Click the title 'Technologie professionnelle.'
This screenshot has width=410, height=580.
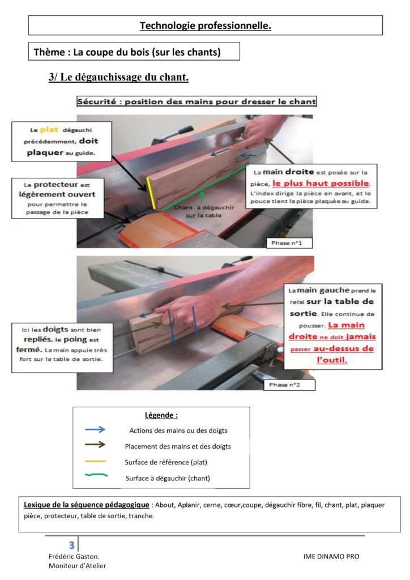[x=205, y=25]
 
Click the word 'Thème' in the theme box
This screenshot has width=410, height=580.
[x=49, y=52]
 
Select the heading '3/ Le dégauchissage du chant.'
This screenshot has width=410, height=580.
[x=119, y=77]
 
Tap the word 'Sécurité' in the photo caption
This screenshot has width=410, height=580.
[x=96, y=101]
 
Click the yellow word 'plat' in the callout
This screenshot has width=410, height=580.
[x=49, y=130]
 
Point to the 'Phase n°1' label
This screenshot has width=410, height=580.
[x=287, y=243]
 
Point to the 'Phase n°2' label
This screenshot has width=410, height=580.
[x=284, y=385]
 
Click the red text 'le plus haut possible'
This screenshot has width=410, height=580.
[x=321, y=184]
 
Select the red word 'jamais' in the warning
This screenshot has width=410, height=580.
[x=361, y=336]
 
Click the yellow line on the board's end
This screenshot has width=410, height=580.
[x=151, y=193]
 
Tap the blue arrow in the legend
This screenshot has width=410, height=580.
[x=95, y=429]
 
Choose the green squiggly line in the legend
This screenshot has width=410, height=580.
[x=96, y=475]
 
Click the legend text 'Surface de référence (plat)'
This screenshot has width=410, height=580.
[x=166, y=462]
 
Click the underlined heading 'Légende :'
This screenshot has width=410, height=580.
[x=161, y=415]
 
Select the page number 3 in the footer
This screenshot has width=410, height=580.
[x=71, y=545]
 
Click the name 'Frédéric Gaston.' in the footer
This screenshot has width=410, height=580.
[x=74, y=556]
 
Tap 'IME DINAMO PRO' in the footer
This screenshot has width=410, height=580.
[x=331, y=556]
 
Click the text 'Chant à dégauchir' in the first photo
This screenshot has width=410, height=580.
[x=204, y=207]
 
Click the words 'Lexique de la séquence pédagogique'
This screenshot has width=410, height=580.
[x=87, y=505]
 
